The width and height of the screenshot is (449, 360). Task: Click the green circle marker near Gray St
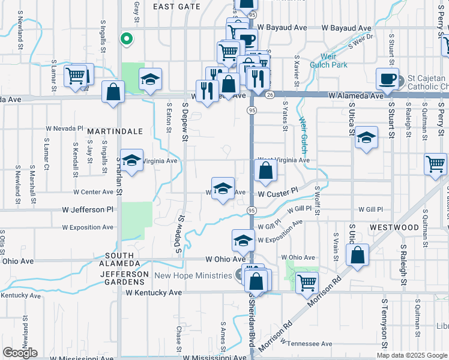126,39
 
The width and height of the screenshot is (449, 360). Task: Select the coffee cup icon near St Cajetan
387,78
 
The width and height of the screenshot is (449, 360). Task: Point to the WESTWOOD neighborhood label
394,228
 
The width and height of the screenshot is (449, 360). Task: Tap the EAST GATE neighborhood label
176,6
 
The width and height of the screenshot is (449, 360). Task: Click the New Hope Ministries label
193,276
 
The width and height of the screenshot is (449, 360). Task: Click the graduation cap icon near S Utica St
366,138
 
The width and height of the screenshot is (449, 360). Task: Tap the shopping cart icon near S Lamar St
75,76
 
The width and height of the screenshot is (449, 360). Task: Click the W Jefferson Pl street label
88,210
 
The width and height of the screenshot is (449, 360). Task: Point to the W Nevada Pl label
65,128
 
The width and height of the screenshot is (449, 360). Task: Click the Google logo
19,353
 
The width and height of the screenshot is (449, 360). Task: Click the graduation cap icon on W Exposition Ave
243,240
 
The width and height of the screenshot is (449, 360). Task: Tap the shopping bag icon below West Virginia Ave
265,172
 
